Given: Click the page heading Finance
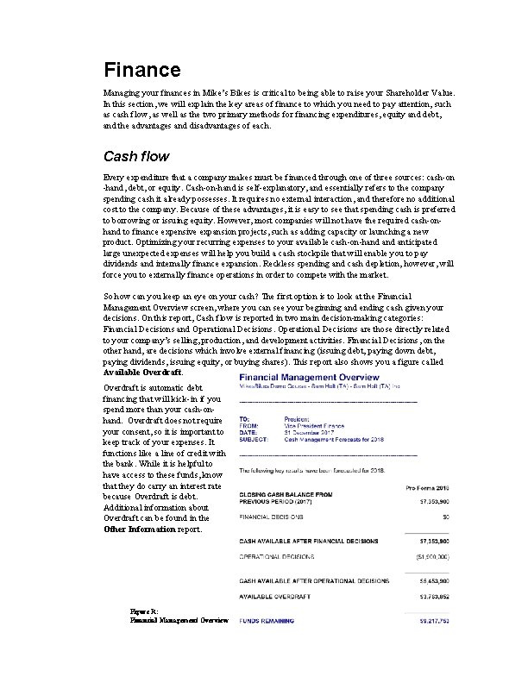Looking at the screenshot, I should (x=141, y=69).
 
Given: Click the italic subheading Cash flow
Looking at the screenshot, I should (x=136, y=157).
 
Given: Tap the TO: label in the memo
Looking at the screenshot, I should (x=243, y=417).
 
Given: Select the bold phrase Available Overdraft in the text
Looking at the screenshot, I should (x=142, y=373).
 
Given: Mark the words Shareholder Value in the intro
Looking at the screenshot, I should (x=430, y=92).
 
